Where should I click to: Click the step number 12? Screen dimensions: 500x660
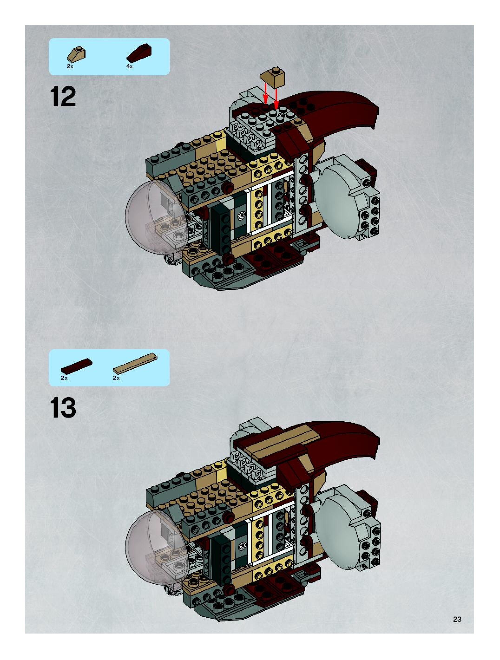(x=63, y=96)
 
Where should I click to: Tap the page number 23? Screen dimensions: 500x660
(x=457, y=619)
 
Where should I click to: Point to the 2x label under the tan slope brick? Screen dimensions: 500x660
(x=70, y=67)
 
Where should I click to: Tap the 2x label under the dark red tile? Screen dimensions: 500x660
(x=64, y=378)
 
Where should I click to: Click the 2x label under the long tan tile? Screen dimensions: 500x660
(x=116, y=378)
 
